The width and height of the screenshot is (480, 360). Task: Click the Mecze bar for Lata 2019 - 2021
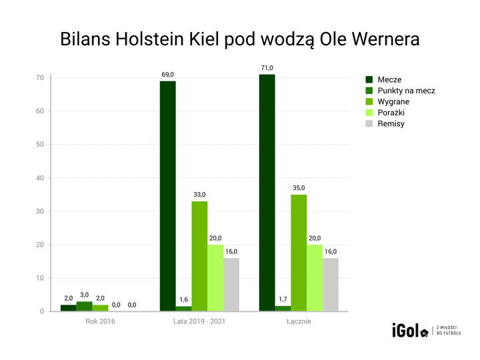pyautogui.click(x=167, y=196)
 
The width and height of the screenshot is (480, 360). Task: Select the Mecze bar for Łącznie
pyautogui.click(x=267, y=193)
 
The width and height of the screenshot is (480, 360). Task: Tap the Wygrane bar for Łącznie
pyautogui.click(x=299, y=253)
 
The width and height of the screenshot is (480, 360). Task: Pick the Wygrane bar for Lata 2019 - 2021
pyautogui.click(x=199, y=256)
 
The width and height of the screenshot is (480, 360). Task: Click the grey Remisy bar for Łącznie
pyautogui.click(x=331, y=285)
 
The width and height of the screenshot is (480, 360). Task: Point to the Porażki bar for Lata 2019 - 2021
pyautogui.click(x=215, y=278)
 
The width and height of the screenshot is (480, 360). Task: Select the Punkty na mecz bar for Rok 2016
pyautogui.click(x=84, y=307)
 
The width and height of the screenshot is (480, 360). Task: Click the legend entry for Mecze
pyautogui.click(x=389, y=79)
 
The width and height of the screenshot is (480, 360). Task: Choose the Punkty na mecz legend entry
pyautogui.click(x=406, y=91)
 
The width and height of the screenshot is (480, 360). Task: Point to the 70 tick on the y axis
pyautogui.click(x=40, y=78)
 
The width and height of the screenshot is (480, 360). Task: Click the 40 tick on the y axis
pyautogui.click(x=40, y=178)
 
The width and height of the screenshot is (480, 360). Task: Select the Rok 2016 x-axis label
pyautogui.click(x=100, y=322)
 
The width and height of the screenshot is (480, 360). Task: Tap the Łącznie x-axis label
pyautogui.click(x=298, y=322)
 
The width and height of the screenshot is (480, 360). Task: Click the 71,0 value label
pyautogui.click(x=267, y=68)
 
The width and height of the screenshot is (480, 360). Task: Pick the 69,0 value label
pyautogui.click(x=167, y=75)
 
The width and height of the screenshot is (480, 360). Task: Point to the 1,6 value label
pyautogui.click(x=183, y=300)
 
